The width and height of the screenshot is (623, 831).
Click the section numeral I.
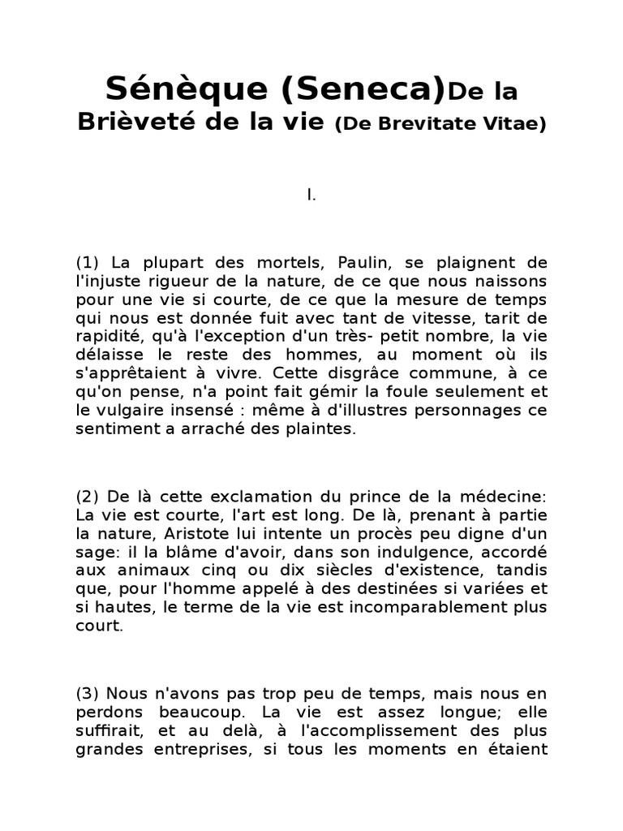[x=311, y=196]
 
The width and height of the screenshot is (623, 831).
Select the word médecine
[x=509, y=496]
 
